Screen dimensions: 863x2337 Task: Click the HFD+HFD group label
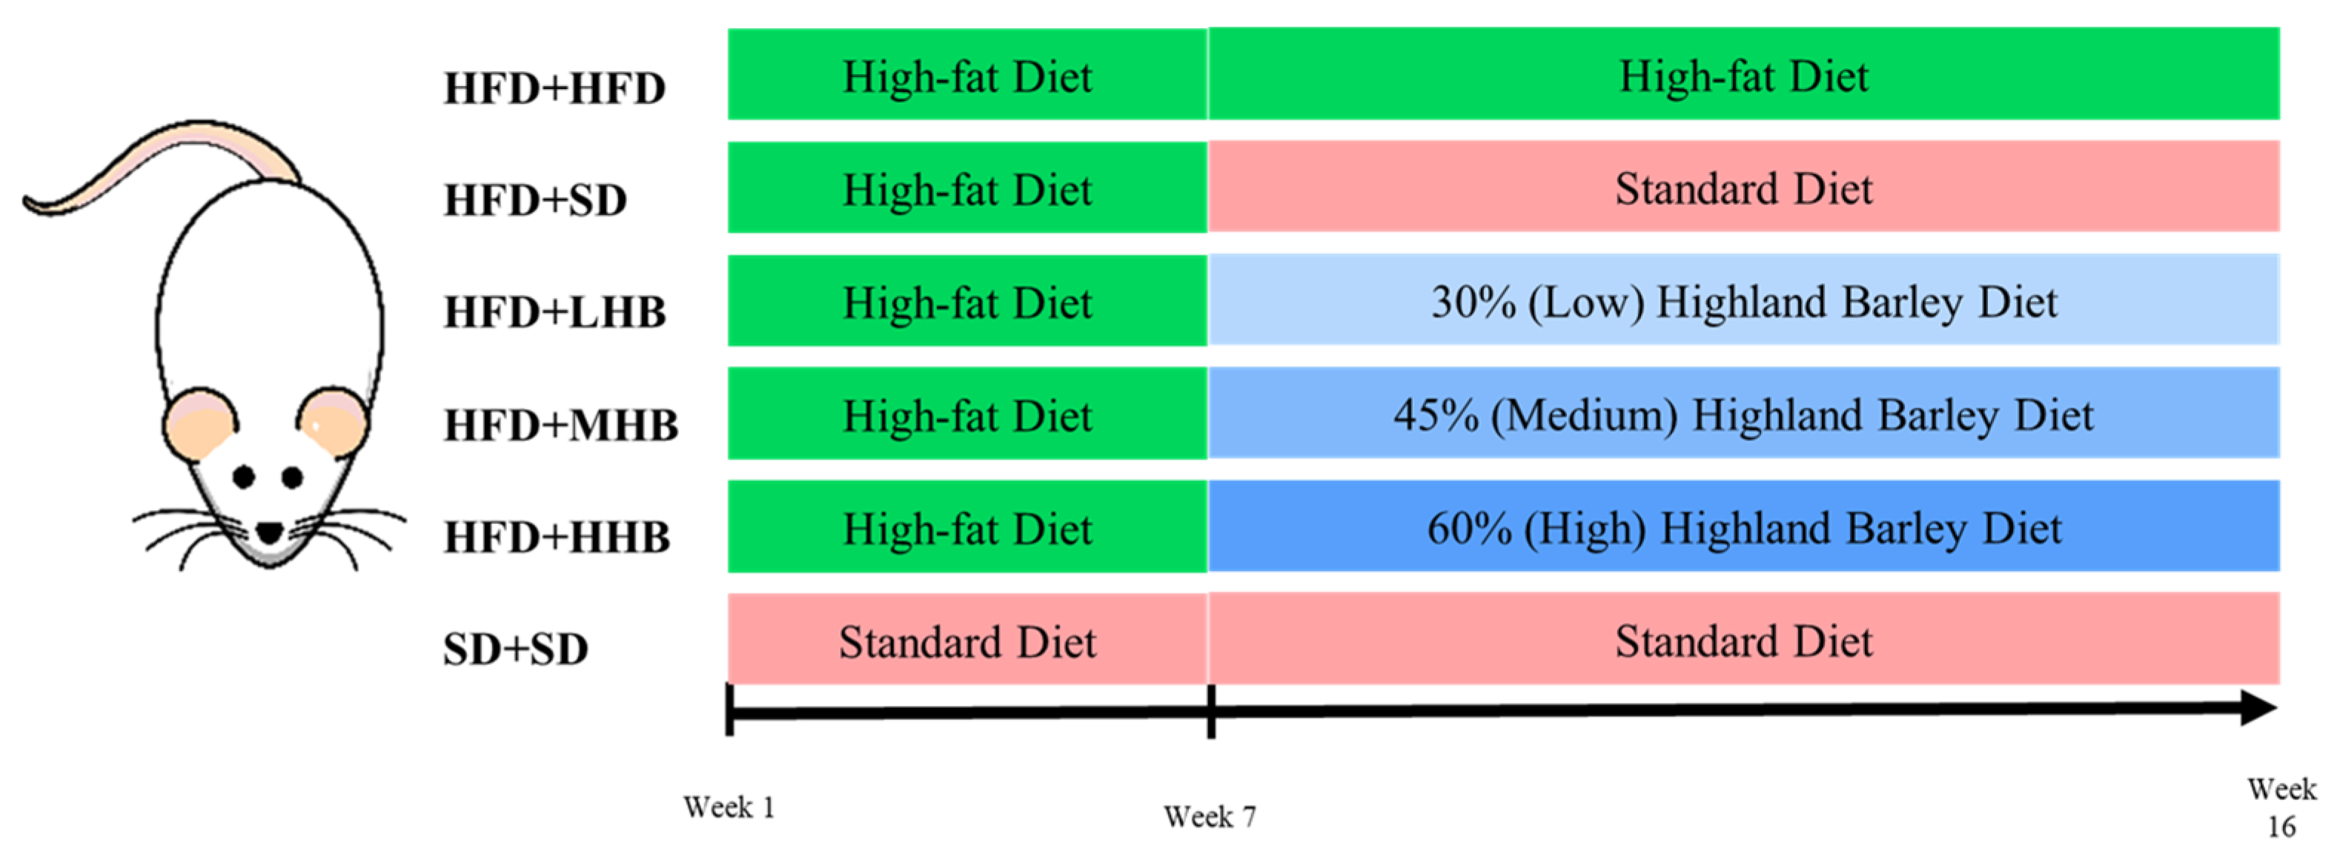pyautogui.click(x=554, y=89)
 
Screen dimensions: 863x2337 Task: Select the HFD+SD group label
pyautogui.click(x=534, y=200)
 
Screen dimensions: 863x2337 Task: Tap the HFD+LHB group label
pyautogui.click(x=554, y=313)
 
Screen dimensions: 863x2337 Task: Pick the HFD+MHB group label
pyautogui.click(x=560, y=426)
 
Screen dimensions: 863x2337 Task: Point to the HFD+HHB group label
pyautogui.click(x=556, y=538)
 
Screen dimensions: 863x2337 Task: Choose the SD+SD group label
pyautogui.click(x=515, y=649)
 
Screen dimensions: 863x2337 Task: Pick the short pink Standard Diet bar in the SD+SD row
pyautogui.click(x=967, y=641)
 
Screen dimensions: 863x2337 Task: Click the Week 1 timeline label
pyautogui.click(x=729, y=807)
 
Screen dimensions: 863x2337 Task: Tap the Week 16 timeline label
pyautogui.click(x=2281, y=807)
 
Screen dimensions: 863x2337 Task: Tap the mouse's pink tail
pyautogui.click(x=136, y=173)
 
